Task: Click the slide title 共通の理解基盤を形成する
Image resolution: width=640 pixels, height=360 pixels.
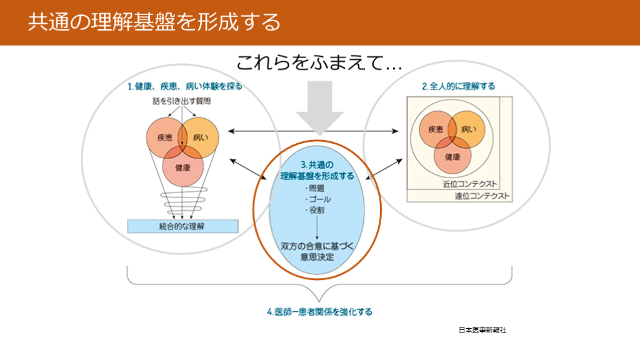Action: coord(154,22)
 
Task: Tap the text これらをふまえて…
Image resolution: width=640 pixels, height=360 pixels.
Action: coord(319,63)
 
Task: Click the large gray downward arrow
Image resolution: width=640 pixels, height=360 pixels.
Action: coord(319,109)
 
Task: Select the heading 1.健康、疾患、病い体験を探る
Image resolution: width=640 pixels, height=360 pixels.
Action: coord(184,86)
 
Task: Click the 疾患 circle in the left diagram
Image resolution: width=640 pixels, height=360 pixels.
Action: coord(164,137)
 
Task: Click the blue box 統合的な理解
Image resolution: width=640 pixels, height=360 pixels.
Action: coord(182,226)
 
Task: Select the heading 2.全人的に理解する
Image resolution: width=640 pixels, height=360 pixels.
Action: coord(458,86)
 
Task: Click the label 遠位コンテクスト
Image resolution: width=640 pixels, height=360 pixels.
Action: coord(482,196)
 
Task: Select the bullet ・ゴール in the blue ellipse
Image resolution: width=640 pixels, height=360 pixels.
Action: coord(318,199)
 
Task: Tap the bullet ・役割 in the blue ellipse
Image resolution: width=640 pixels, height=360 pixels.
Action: coord(316,211)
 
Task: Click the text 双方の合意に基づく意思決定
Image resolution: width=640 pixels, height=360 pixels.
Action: coord(317,252)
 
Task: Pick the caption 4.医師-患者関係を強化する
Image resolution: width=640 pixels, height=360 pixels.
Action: coord(319,311)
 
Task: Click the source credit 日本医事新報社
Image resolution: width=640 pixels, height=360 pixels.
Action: coord(482,330)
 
